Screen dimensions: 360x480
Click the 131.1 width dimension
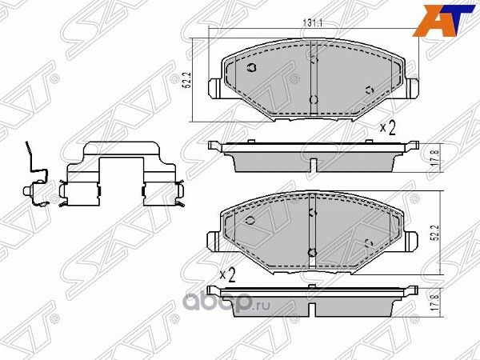pyautogui.click(x=313, y=25)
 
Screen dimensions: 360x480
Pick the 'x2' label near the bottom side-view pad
pyautogui.click(x=226, y=274)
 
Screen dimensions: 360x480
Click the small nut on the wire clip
pyautogui.click(x=29, y=192)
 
